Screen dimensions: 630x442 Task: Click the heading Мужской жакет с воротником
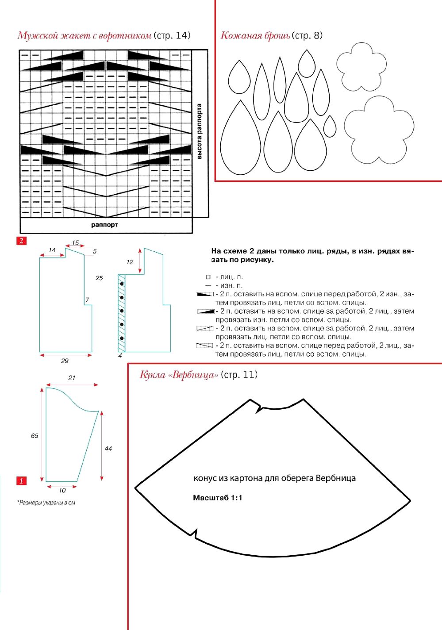coord(85,35)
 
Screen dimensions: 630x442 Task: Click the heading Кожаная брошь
coord(255,35)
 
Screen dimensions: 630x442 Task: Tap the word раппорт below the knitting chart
coord(104,225)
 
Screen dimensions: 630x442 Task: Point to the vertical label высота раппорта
coord(199,131)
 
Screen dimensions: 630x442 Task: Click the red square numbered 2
coord(21,241)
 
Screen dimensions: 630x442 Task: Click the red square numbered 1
coord(21,480)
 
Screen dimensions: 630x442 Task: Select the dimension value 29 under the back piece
coord(65,361)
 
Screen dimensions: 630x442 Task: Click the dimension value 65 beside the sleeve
coord(35,436)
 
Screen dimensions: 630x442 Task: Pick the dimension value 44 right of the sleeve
coord(108,448)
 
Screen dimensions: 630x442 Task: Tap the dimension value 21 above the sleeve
coord(72,378)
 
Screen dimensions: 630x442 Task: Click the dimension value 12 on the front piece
coord(130,262)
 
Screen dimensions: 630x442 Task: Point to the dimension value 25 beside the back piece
coord(99,278)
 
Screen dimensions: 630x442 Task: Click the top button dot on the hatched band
coord(122,283)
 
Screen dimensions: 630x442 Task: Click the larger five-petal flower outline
coord(379,129)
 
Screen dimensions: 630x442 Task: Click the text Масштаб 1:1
coord(218,498)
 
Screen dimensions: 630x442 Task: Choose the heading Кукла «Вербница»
coord(179,375)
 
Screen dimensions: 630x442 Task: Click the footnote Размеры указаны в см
coord(46,503)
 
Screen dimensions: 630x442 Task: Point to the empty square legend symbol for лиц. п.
coord(208,277)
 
